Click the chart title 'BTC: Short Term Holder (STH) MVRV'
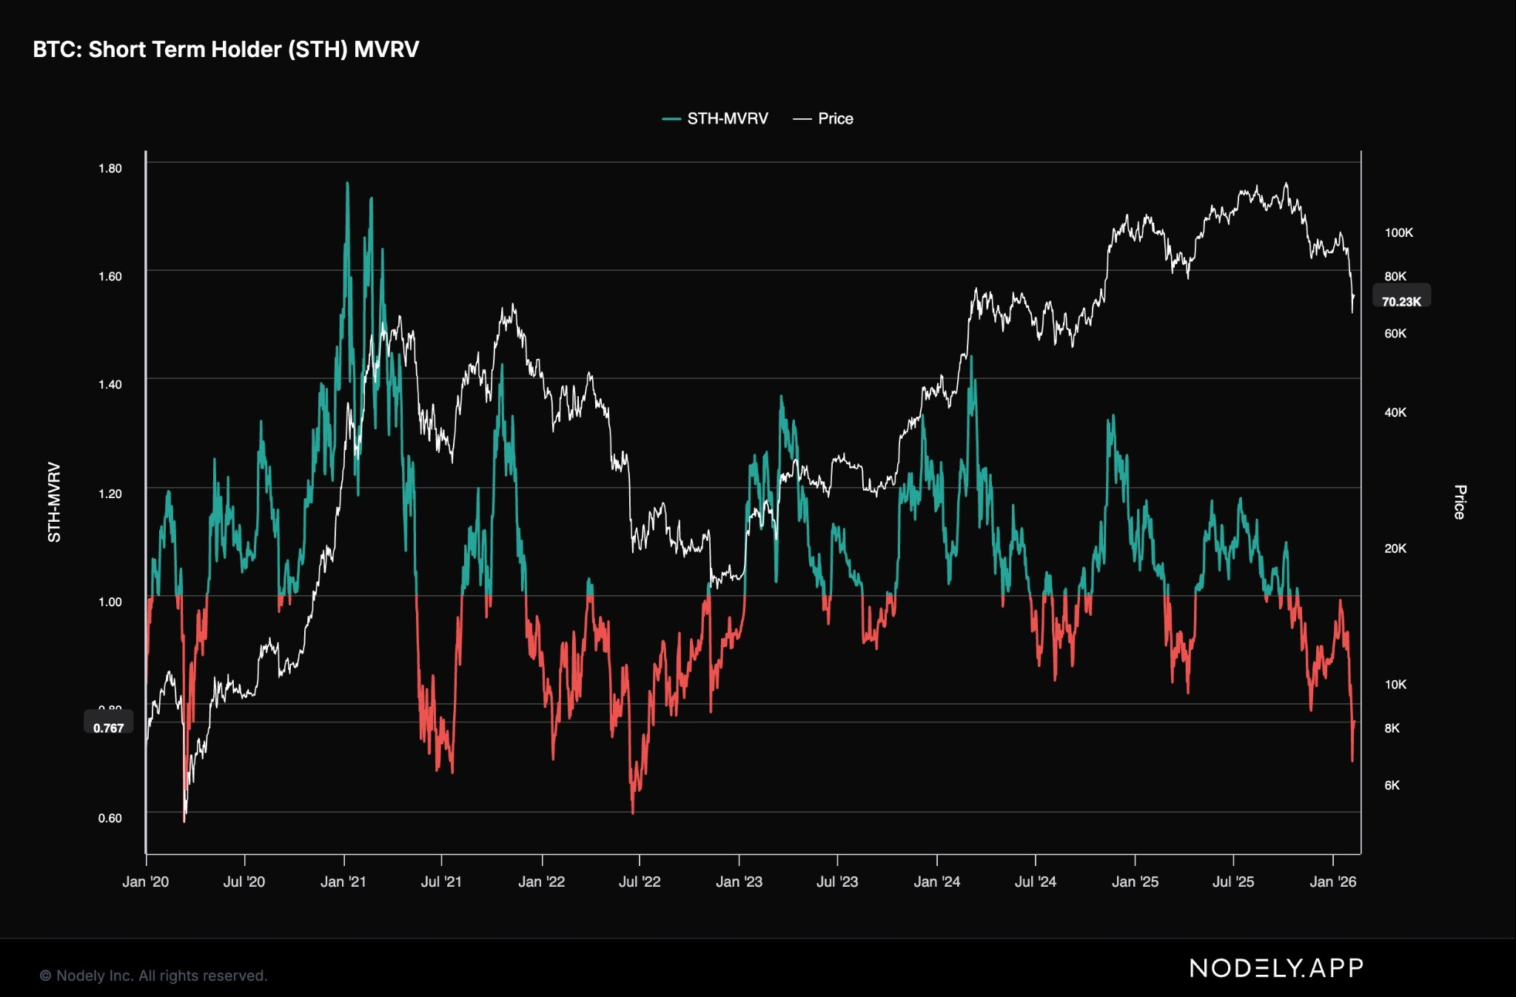tap(226, 50)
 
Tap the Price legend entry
tap(823, 118)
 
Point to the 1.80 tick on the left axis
tap(110, 169)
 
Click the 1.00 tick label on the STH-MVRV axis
tap(110, 602)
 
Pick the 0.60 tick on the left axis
tap(110, 818)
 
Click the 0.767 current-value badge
tap(109, 728)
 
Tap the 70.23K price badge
tap(1401, 301)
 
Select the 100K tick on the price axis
tap(1398, 232)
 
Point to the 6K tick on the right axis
tap(1392, 785)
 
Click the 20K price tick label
tap(1395, 548)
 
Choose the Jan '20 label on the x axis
tap(146, 882)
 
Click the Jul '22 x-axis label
tap(640, 882)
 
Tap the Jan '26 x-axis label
tap(1332, 882)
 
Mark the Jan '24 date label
tap(937, 882)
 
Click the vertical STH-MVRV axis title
tap(54, 502)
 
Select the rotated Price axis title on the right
tap(1459, 502)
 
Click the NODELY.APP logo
tap(1276, 967)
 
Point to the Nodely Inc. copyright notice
tap(153, 976)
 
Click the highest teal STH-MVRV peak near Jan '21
tap(347, 184)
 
